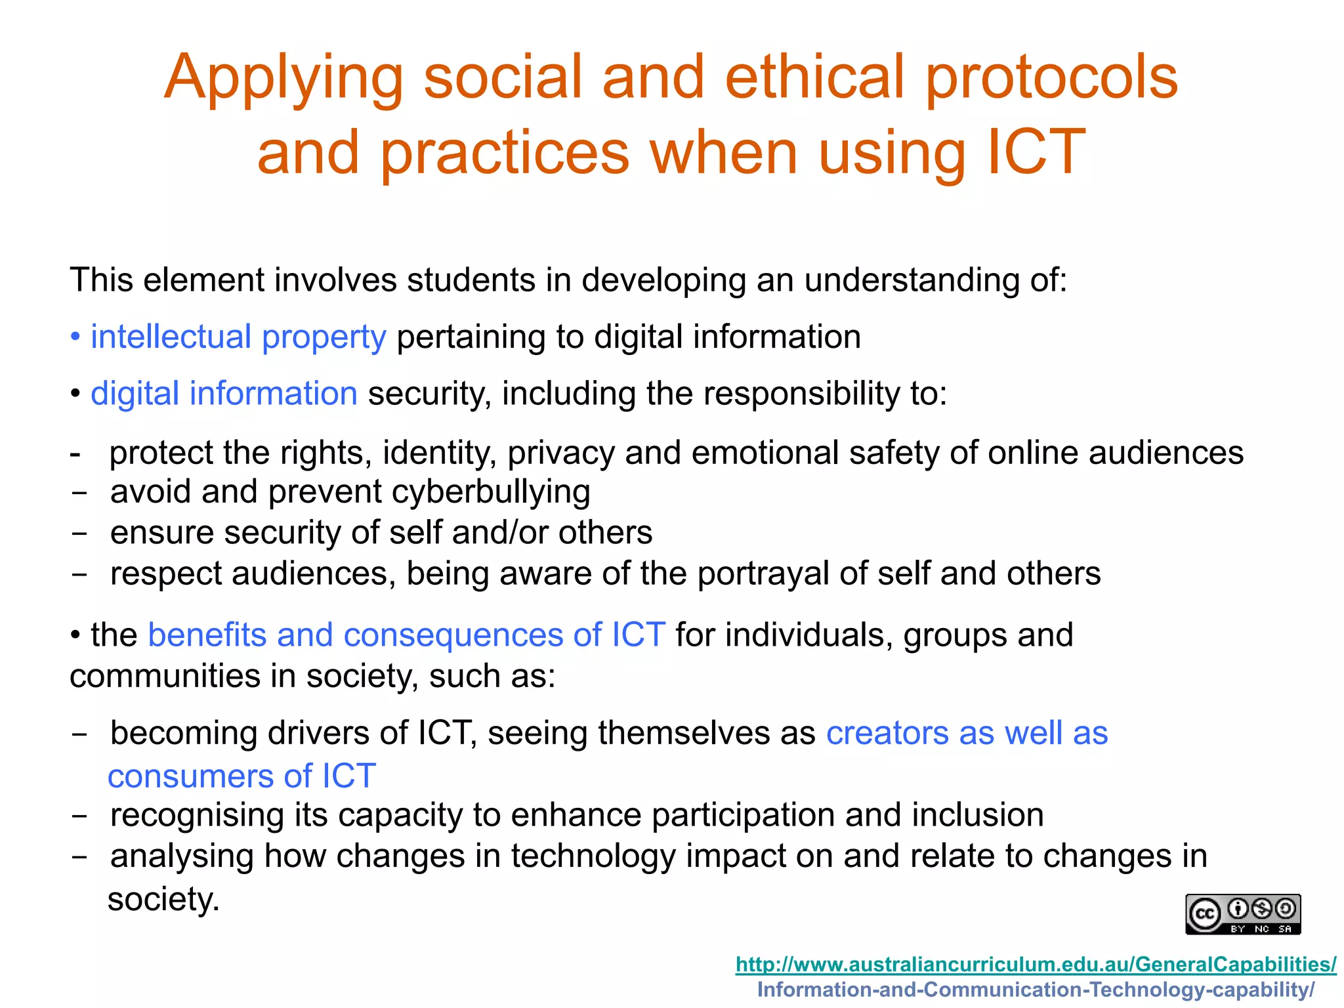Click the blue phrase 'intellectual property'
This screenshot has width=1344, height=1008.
tap(238, 337)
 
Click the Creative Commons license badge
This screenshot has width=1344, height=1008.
tap(1242, 913)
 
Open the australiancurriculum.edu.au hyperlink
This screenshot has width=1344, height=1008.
tap(1036, 964)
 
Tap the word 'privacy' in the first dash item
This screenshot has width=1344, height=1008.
tap(560, 453)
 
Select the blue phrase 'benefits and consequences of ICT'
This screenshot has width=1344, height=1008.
tap(406, 635)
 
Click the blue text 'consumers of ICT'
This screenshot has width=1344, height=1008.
tap(241, 776)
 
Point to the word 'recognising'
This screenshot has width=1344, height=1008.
tap(197, 816)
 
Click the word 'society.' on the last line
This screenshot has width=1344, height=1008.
tap(163, 899)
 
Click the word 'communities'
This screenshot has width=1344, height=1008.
tap(165, 676)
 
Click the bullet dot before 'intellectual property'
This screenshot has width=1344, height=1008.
tap(76, 337)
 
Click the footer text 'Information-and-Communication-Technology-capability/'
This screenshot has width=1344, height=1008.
tap(1036, 989)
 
